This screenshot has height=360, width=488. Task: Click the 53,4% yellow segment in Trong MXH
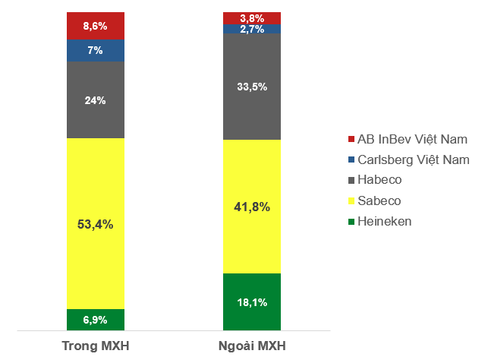[96, 223]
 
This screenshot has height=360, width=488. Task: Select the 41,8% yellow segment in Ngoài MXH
[252, 206]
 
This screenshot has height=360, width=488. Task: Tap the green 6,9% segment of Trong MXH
[96, 320]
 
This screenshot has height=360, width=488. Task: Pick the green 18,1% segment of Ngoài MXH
[252, 302]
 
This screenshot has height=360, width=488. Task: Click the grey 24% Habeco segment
[96, 99]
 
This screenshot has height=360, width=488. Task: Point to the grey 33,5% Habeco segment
[252, 87]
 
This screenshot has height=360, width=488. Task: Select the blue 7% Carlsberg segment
[96, 50]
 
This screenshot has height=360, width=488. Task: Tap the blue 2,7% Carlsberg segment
[252, 29]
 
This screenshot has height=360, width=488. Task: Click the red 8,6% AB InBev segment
[96, 26]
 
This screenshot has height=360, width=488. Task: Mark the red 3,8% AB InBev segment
[252, 17]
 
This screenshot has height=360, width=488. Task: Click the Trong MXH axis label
[96, 347]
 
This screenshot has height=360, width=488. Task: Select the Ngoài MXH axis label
[252, 347]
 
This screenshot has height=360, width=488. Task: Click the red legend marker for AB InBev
[351, 140]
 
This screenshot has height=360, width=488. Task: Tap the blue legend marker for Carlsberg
[351, 160]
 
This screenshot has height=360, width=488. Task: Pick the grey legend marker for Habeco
[351, 181]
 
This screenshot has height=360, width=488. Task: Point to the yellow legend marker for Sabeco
[351, 201]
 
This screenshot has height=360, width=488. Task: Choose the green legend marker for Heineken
[351, 222]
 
